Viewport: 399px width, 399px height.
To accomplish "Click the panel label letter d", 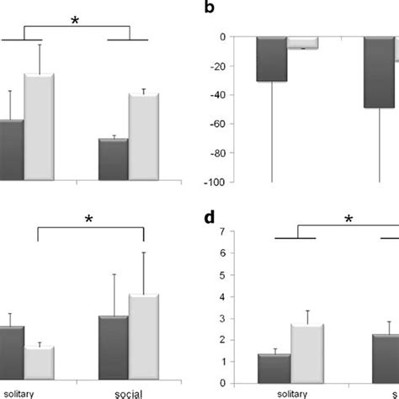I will pos(210,220).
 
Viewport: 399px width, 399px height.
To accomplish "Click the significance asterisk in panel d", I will pos(348,221).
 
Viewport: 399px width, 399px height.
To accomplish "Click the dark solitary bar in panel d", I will pos(274,368).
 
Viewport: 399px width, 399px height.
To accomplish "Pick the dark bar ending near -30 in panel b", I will pos(272,59).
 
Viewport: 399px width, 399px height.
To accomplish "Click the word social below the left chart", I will pos(129,392).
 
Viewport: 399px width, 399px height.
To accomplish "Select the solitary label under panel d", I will pos(290,392).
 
